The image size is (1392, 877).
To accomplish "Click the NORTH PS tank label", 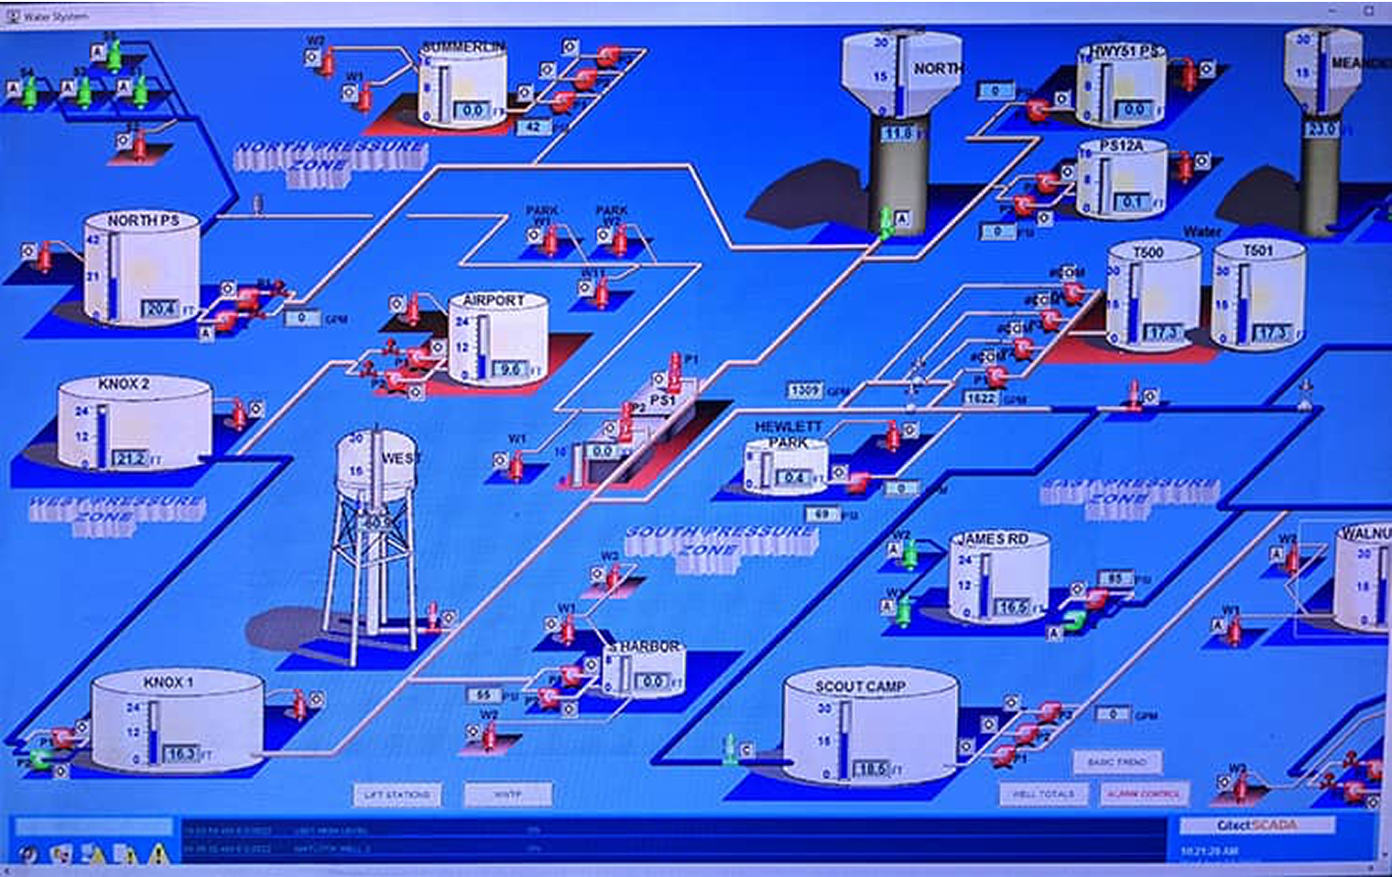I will [x=143, y=221].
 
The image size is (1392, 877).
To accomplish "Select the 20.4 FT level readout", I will [x=160, y=309].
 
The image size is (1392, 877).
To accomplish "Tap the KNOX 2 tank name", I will [x=124, y=384].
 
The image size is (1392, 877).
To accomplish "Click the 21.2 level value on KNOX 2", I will [x=130, y=458].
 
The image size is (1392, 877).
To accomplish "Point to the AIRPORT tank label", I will [x=494, y=301].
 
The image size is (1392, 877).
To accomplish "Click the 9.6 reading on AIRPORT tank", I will [x=509, y=369].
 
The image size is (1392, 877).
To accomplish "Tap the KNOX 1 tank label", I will [x=169, y=683].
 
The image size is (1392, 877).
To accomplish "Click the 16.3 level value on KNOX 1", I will [x=181, y=753].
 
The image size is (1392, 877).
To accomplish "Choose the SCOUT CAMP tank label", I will [x=860, y=685].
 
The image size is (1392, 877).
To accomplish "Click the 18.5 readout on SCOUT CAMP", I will [x=870, y=770].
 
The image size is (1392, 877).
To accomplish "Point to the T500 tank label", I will [x=1148, y=252].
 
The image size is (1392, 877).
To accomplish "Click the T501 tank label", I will [x=1257, y=250].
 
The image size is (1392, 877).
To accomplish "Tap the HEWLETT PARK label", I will [x=788, y=434].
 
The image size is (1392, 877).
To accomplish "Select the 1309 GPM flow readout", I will [x=805, y=391].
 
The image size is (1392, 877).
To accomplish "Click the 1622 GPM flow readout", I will [x=982, y=399].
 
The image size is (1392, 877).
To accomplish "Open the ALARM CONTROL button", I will [x=1143, y=794].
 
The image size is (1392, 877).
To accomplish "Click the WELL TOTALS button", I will [x=1043, y=794].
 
